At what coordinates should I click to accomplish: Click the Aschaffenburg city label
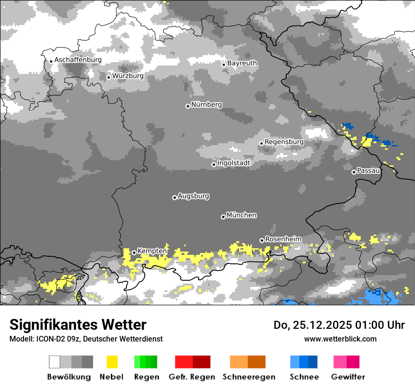(x=78, y=60)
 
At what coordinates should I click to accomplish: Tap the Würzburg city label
(x=128, y=76)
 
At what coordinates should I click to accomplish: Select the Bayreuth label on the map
(x=242, y=63)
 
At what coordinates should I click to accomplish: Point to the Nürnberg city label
(x=206, y=105)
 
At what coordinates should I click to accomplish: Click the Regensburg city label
(x=284, y=142)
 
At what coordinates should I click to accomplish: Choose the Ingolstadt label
(x=233, y=163)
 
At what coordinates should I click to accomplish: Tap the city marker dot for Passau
(x=354, y=172)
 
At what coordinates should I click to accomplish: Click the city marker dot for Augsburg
(x=174, y=197)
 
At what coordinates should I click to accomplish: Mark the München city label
(x=241, y=215)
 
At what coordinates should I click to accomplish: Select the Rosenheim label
(x=283, y=239)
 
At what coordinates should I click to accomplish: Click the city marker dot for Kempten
(x=134, y=253)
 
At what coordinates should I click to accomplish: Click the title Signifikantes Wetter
(x=78, y=325)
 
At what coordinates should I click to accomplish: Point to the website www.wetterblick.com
(x=340, y=339)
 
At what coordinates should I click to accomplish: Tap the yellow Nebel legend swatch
(x=112, y=362)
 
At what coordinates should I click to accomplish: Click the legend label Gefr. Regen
(x=192, y=377)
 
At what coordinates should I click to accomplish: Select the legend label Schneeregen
(x=249, y=377)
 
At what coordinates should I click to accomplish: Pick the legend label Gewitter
(x=348, y=377)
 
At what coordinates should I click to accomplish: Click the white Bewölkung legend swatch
(x=55, y=362)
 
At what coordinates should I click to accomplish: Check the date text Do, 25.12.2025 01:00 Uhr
(x=339, y=325)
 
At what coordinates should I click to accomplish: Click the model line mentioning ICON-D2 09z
(x=86, y=339)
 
